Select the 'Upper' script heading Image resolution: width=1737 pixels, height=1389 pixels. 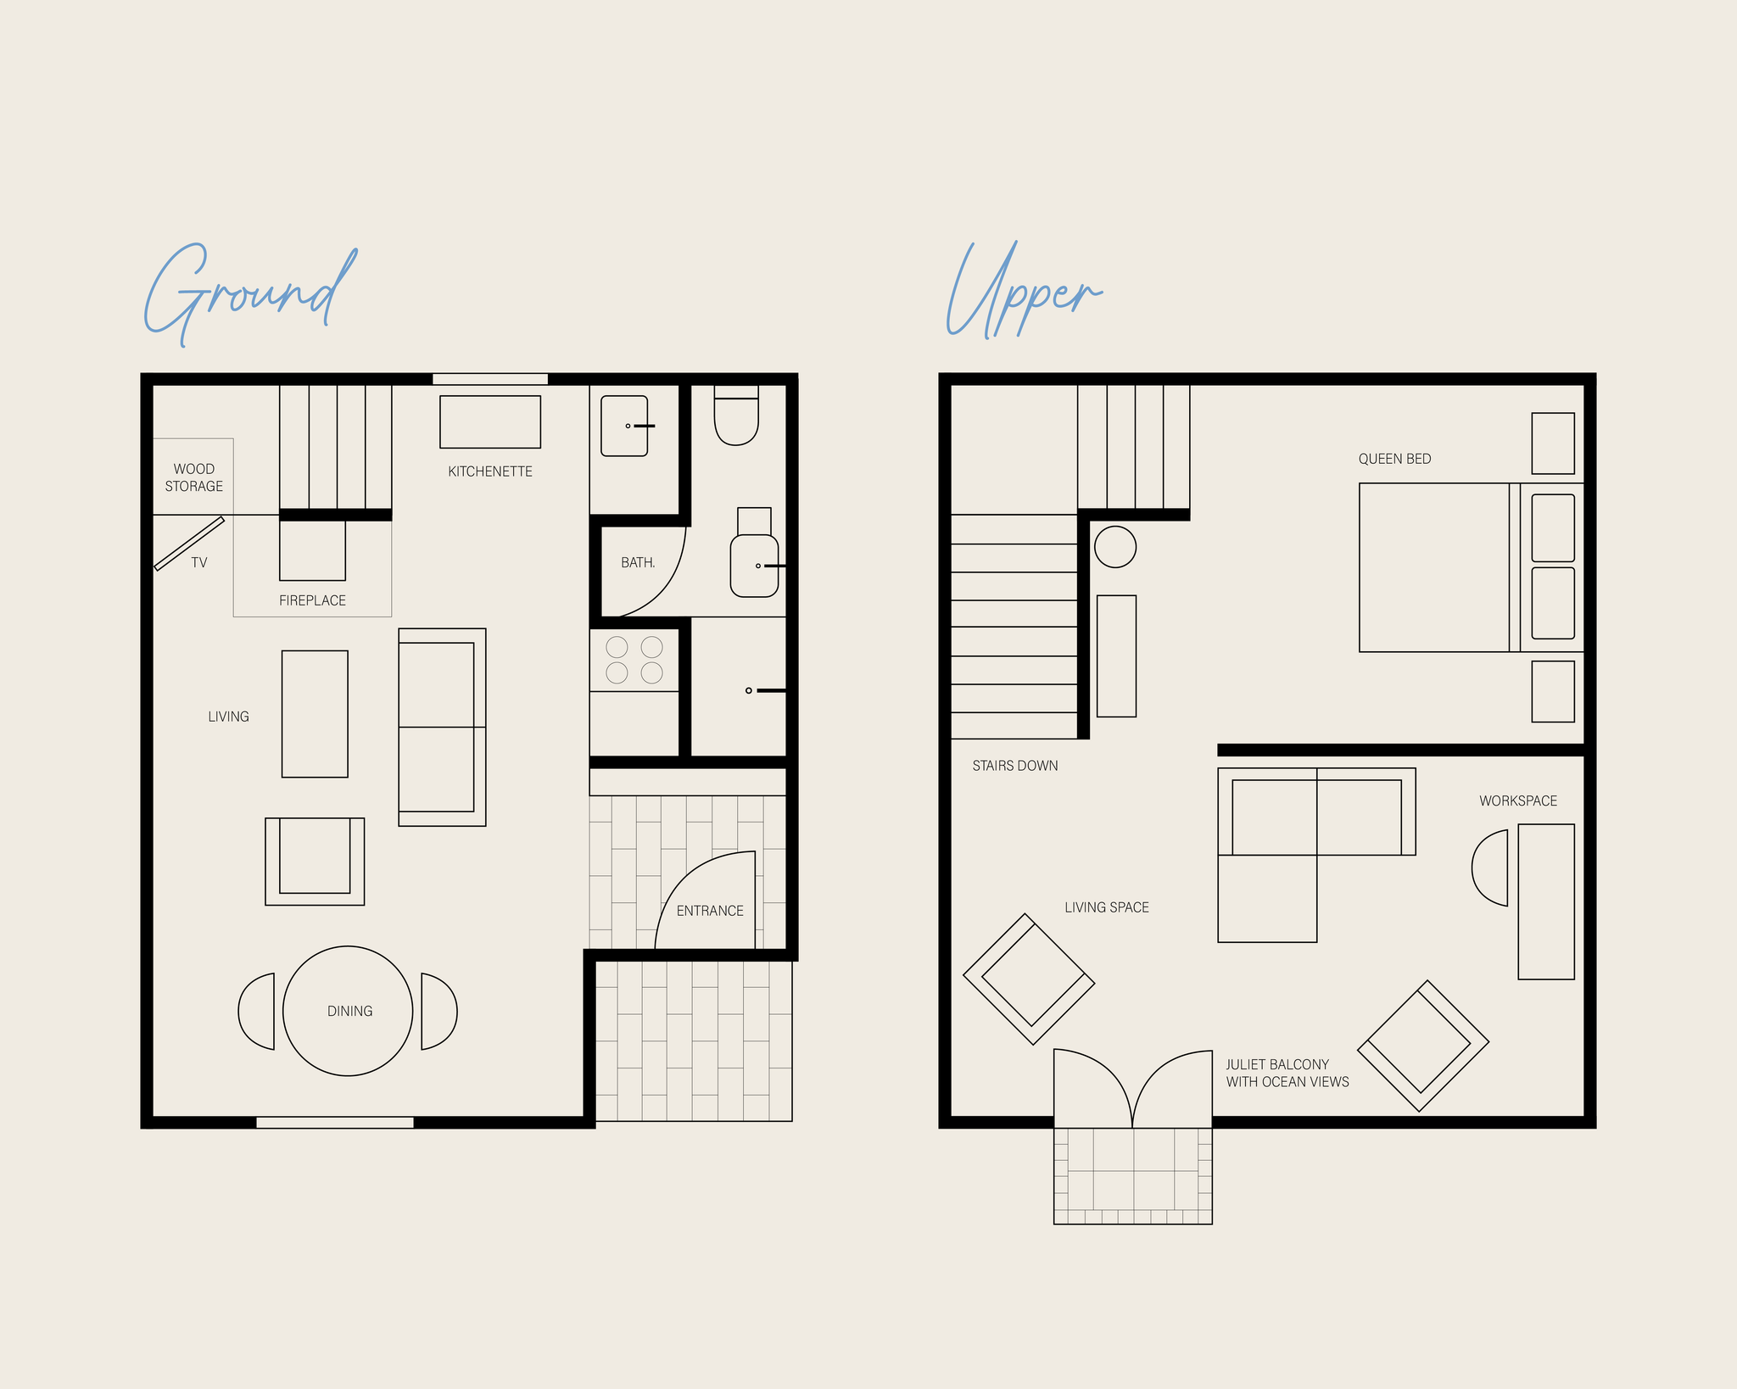coord(1024,290)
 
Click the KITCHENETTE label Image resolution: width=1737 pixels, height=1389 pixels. coord(490,471)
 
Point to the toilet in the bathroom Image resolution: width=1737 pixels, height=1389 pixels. coord(736,416)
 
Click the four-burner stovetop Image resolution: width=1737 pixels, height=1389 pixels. coord(634,660)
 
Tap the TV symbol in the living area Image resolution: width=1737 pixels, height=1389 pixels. coord(189,544)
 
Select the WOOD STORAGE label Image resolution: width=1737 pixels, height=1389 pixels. coord(194,477)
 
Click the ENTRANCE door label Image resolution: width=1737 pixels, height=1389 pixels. coord(710,911)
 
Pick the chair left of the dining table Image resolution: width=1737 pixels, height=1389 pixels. coord(257,1011)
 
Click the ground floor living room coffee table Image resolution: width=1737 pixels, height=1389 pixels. coord(315,714)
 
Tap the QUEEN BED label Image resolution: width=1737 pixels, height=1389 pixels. coord(1394,459)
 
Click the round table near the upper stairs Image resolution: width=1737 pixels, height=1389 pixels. coord(1115,547)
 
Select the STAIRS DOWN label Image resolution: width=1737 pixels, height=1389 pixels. coord(1015,766)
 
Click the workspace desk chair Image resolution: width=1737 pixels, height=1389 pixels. coord(1490,867)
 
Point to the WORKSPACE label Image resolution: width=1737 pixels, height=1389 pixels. coord(1518,800)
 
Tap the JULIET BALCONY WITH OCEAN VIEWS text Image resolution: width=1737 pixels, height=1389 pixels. coord(1287,1073)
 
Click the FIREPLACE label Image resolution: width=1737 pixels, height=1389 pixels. coord(312,600)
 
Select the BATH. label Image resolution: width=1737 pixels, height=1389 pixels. coord(638,562)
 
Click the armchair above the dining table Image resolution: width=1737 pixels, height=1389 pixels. coord(315,862)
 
